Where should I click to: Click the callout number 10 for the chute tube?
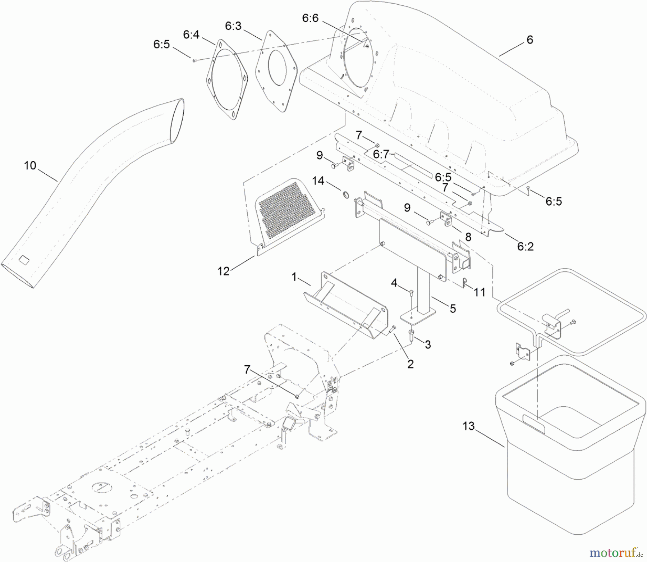pyautogui.click(x=30, y=166)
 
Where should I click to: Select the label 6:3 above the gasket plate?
pyautogui.click(x=233, y=26)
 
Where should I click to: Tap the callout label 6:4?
pyautogui.click(x=191, y=35)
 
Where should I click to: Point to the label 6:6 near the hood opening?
pyautogui.click(x=310, y=18)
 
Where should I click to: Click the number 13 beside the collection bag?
pyautogui.click(x=469, y=426)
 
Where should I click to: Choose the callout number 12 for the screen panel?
pyautogui.click(x=224, y=271)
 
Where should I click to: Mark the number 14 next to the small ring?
pyautogui.click(x=318, y=181)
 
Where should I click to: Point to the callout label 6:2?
pyautogui.click(x=525, y=246)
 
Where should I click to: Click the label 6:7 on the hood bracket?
pyautogui.click(x=381, y=154)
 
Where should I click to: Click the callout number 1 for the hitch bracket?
pyautogui.click(x=294, y=277)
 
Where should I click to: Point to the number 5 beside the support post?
pyautogui.click(x=453, y=308)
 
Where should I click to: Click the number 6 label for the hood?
pyautogui.click(x=529, y=40)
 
